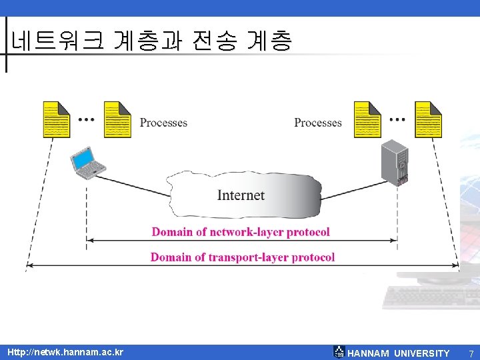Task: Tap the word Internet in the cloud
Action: click(241, 195)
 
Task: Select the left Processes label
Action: click(163, 123)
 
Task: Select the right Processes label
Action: click(317, 123)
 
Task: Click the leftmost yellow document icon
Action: click(56, 120)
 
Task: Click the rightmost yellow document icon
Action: click(428, 120)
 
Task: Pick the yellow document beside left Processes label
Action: click(117, 120)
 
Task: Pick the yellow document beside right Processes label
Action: click(367, 120)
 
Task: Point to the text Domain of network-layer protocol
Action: click(241, 232)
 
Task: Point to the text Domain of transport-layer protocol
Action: click(243, 257)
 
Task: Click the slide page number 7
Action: click(471, 353)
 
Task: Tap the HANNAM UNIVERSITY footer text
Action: click(399, 353)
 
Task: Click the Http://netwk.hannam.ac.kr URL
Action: click(65, 352)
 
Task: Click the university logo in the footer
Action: click(339, 352)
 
